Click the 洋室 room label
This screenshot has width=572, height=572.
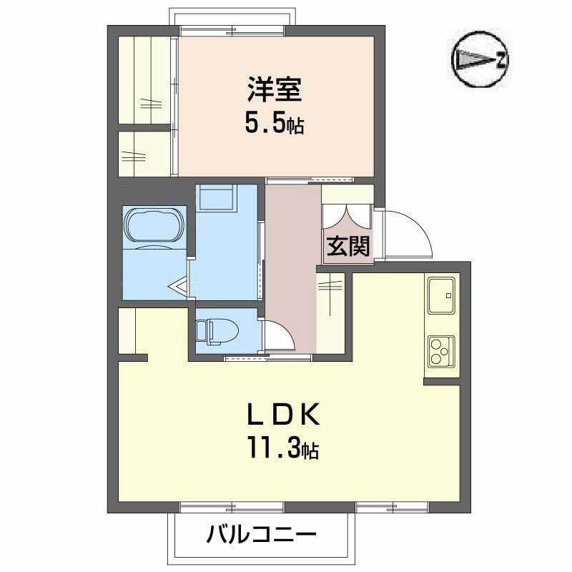tap(275, 92)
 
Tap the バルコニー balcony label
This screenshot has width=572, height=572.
tap(262, 534)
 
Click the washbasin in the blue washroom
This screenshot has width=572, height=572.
tap(215, 197)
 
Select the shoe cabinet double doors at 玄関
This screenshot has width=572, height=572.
tap(347, 216)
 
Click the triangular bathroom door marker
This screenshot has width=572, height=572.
tap(179, 286)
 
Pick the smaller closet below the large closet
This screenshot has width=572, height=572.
tap(144, 152)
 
